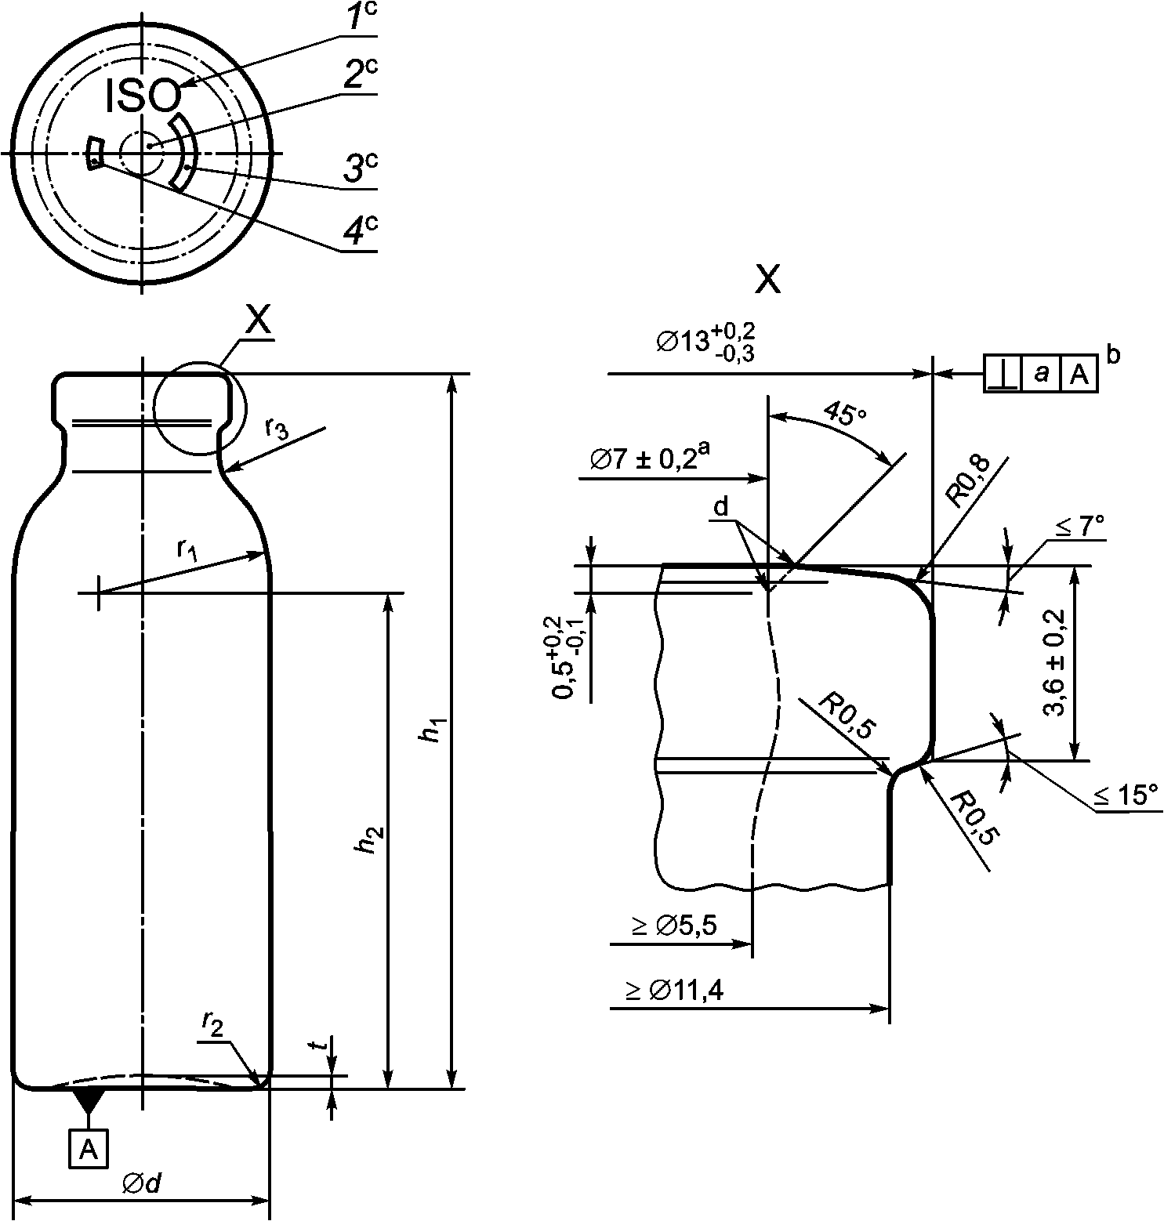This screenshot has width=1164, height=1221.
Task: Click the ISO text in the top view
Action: [143, 96]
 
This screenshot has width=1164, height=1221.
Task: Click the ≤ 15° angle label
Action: [1126, 795]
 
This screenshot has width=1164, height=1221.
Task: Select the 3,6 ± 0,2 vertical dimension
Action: [1055, 663]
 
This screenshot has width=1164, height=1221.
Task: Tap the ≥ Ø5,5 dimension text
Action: [674, 926]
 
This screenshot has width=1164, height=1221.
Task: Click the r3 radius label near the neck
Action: [276, 428]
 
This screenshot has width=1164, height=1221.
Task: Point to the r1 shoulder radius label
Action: [186, 551]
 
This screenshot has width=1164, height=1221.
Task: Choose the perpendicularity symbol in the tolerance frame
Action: [1003, 374]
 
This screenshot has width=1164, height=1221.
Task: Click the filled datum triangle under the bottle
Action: [88, 1100]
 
